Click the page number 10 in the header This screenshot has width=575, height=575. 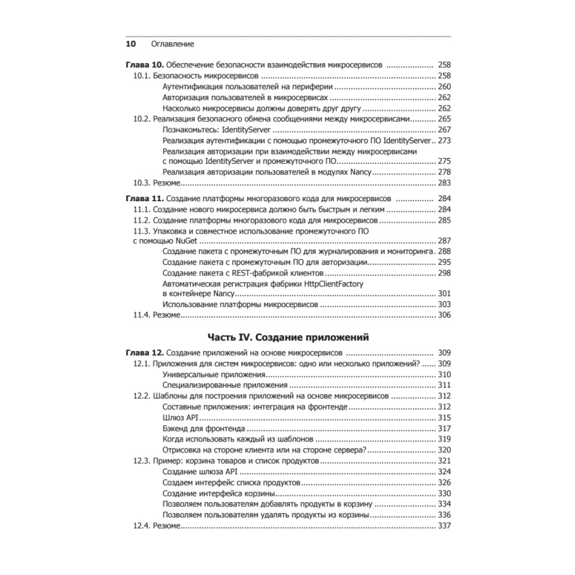pyautogui.click(x=130, y=44)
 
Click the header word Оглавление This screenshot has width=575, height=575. pyautogui.click(x=172, y=44)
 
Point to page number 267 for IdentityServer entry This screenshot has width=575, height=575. pyautogui.click(x=444, y=130)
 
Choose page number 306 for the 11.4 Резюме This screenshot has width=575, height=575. pyautogui.click(x=444, y=315)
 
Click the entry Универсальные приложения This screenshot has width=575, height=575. pyautogui.click(x=210, y=374)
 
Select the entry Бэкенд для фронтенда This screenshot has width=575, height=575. pyautogui.click(x=204, y=428)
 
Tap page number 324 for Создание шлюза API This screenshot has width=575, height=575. pyautogui.click(x=444, y=471)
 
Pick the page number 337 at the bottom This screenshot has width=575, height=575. pyautogui.click(x=444, y=526)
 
